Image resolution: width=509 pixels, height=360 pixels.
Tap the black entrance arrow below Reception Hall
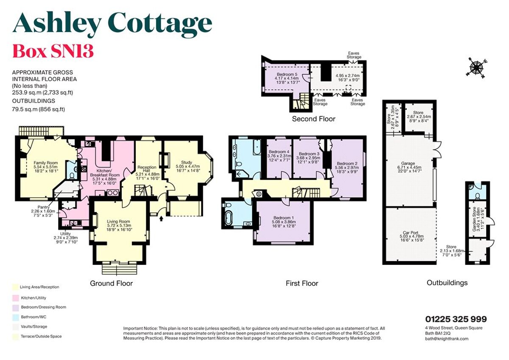pos(162,219)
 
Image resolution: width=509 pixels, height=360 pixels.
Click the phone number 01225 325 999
pos(456,319)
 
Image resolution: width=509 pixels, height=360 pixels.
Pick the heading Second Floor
pos(313,119)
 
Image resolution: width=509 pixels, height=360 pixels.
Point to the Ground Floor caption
pos(111,283)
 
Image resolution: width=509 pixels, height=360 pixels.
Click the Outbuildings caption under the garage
pos(447,283)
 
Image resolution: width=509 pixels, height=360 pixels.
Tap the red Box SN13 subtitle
pos(53,51)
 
